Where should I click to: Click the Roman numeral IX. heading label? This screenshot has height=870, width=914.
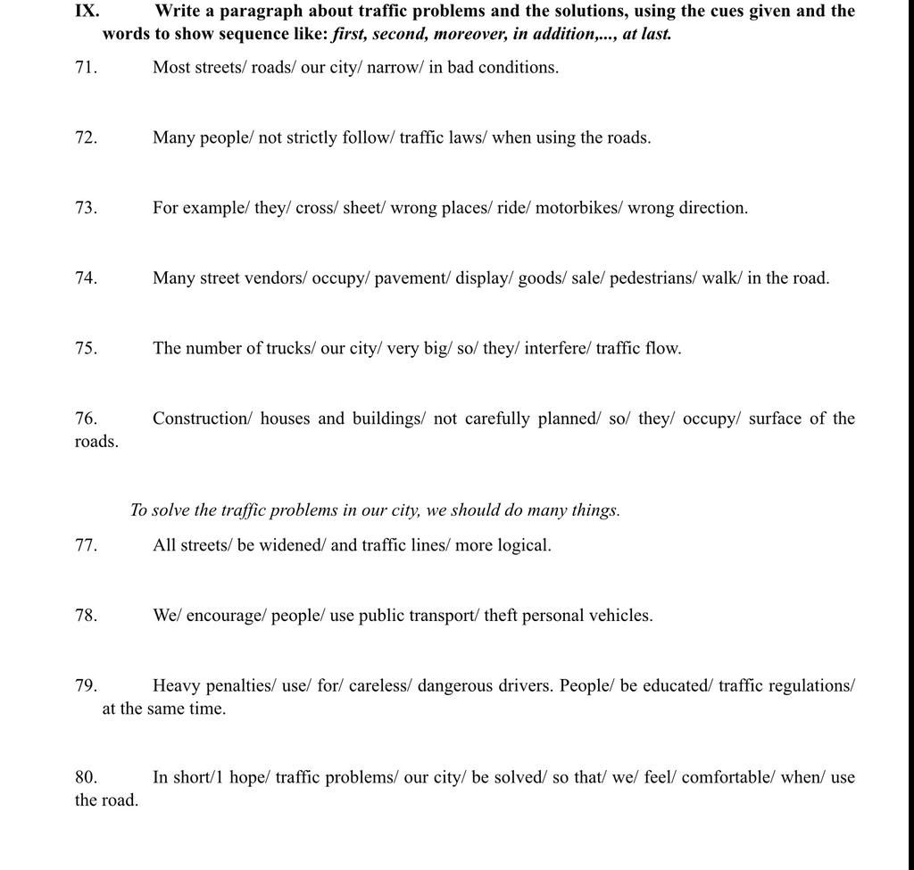tap(87, 12)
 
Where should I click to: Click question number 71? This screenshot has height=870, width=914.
tap(87, 68)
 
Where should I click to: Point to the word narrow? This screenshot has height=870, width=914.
tap(393, 68)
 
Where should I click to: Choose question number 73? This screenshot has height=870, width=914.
tap(87, 208)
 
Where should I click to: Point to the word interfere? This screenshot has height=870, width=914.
tap(555, 349)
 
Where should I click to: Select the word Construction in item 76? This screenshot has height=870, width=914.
tap(202, 418)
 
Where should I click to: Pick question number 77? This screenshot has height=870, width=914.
tap(87, 545)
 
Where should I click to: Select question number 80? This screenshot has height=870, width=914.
tap(87, 777)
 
